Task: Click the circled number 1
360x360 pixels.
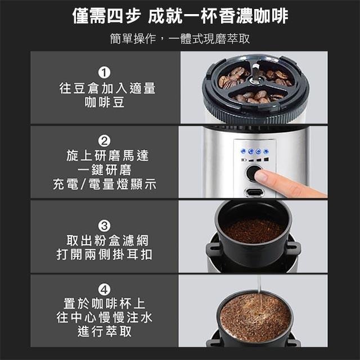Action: pyautogui.click(x=104, y=73)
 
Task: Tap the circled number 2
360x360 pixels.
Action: pyautogui.click(x=104, y=141)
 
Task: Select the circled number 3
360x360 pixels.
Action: pyautogui.click(x=104, y=226)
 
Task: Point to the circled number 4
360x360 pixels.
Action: pyautogui.click(x=104, y=289)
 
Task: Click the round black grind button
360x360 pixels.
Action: pyautogui.click(x=253, y=173)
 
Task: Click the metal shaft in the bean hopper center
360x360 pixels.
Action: pyautogui.click(x=255, y=73)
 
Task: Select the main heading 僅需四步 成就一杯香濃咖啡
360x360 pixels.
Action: pyautogui.click(x=180, y=16)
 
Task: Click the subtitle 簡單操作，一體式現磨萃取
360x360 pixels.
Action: pyautogui.click(x=180, y=38)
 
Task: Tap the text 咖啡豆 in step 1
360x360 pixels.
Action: pyautogui.click(x=105, y=102)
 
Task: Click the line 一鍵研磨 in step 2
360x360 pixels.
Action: pyautogui.click(x=105, y=170)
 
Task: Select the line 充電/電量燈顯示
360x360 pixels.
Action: pyautogui.click(x=105, y=184)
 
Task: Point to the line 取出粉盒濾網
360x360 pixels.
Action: pyautogui.click(x=107, y=240)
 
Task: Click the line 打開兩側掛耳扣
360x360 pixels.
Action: pyautogui.click(x=105, y=254)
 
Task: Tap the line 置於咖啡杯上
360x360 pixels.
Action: pyautogui.click(x=105, y=304)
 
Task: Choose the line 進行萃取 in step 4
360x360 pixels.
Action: pyautogui.click(x=105, y=331)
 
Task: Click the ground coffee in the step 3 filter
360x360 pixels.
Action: pyautogui.click(x=253, y=231)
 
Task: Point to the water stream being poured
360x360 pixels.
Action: pyautogui.click(x=259, y=290)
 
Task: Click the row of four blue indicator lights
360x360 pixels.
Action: pyautogui.click(x=254, y=151)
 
